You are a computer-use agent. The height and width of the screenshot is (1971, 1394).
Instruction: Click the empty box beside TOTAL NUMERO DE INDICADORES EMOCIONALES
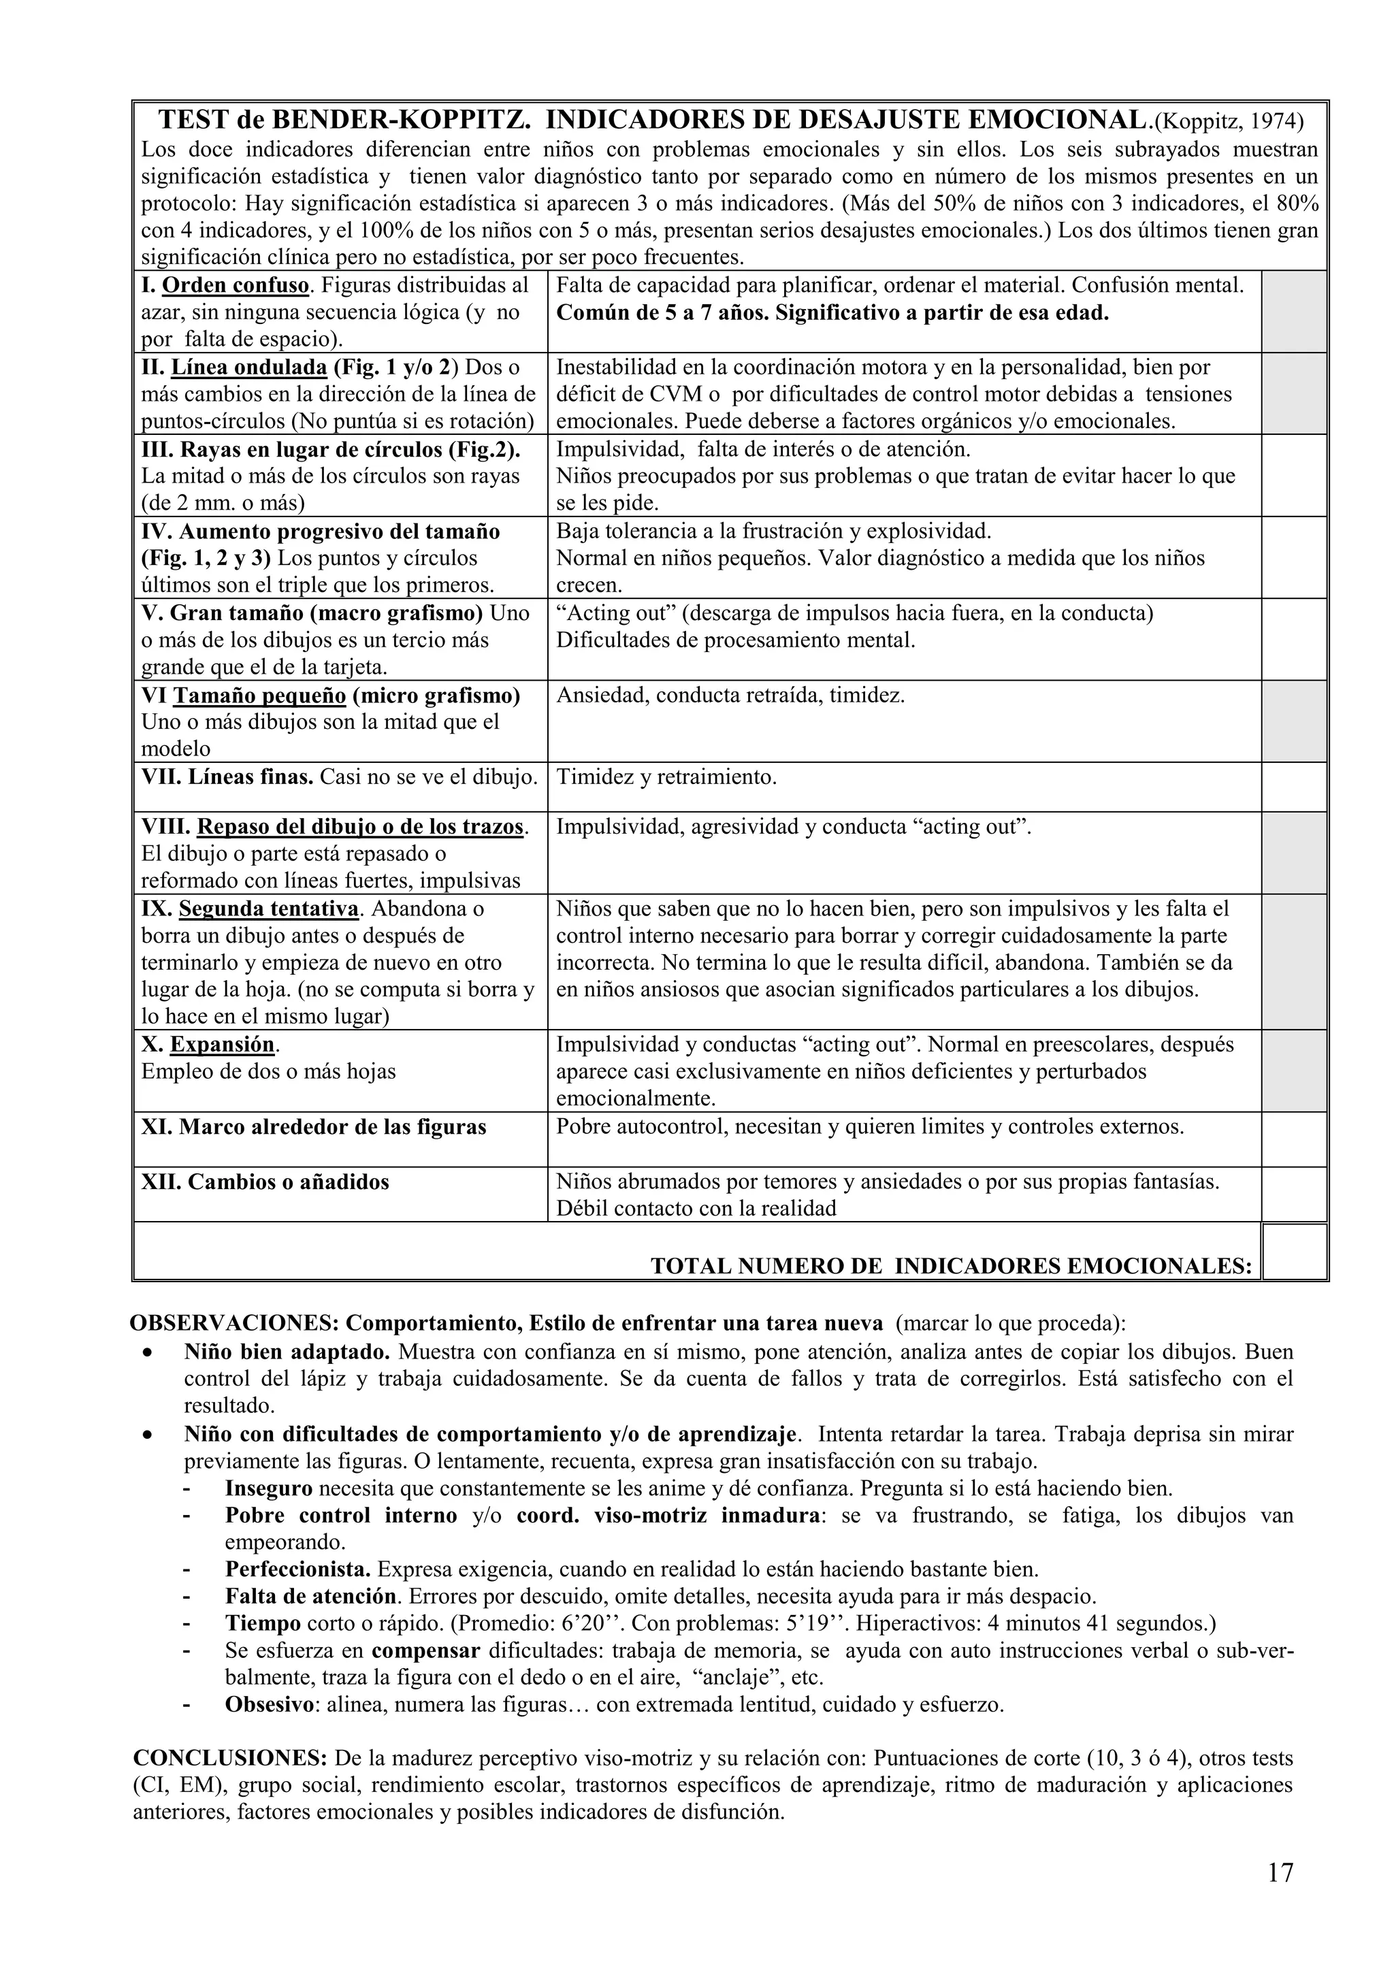(x=1295, y=1251)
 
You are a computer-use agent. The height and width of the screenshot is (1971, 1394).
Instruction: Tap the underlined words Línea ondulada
(x=249, y=368)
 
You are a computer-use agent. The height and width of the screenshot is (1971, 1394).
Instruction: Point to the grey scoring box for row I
(x=1295, y=312)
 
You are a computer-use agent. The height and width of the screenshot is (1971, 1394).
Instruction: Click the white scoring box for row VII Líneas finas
(x=1295, y=786)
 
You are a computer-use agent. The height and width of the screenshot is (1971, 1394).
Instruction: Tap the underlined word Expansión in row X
(x=223, y=1045)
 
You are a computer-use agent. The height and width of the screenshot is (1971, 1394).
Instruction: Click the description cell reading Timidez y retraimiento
(x=666, y=778)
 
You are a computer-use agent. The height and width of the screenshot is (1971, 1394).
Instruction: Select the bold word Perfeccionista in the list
(x=298, y=1569)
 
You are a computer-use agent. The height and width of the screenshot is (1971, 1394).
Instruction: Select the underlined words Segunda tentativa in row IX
(x=269, y=908)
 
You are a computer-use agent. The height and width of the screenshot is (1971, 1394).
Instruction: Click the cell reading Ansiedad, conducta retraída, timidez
(x=730, y=696)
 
